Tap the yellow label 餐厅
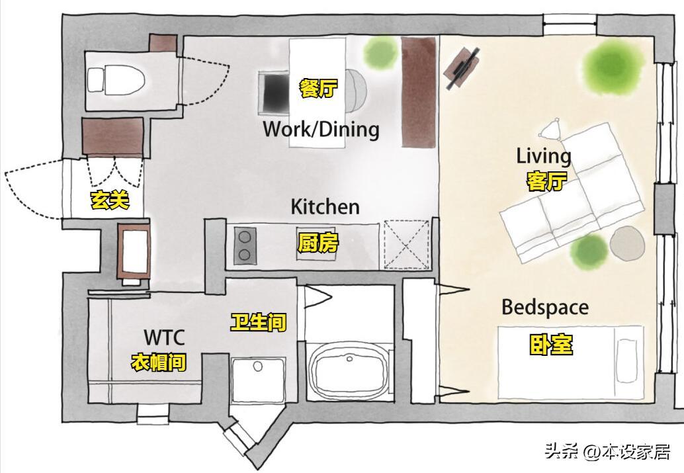(x=318, y=89)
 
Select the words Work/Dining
(x=321, y=129)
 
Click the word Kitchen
(x=325, y=206)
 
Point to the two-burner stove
(x=245, y=245)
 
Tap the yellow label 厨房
(x=318, y=243)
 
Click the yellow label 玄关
(x=110, y=200)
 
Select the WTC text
(x=165, y=337)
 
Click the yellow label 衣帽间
(x=159, y=362)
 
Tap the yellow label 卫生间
(x=259, y=322)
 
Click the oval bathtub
(x=349, y=371)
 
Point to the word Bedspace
(x=545, y=308)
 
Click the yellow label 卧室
(x=551, y=345)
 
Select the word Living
(x=544, y=156)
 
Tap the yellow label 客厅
(x=546, y=181)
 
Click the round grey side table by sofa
(x=627, y=244)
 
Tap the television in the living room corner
(x=462, y=67)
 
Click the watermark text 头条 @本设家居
(x=607, y=451)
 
